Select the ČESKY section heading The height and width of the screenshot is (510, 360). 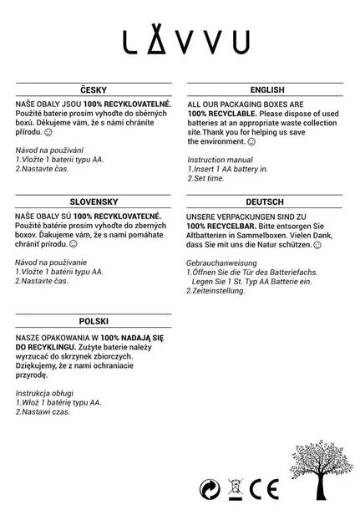pyautogui.click(x=93, y=89)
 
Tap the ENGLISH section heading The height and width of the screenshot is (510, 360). pyautogui.click(x=266, y=89)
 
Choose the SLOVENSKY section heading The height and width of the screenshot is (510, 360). pyautogui.click(x=93, y=201)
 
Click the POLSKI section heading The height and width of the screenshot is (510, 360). pyautogui.click(x=93, y=321)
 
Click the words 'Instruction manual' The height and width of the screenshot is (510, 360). pyautogui.click(x=220, y=159)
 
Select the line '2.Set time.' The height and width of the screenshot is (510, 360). pyautogui.click(x=206, y=177)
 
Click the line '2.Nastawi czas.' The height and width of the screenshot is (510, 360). pyautogui.click(x=44, y=411)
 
